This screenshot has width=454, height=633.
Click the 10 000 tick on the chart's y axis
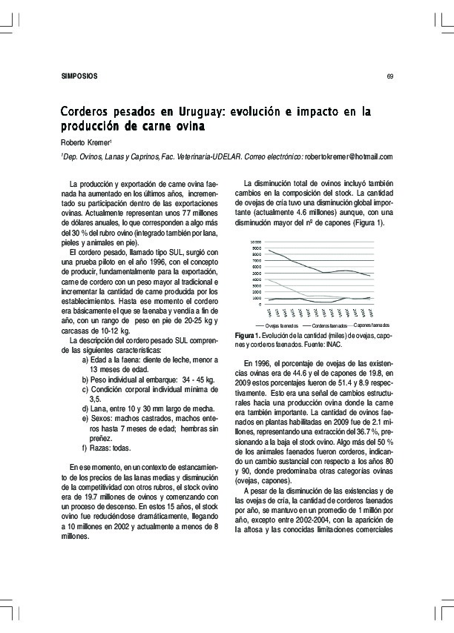(x=256, y=242)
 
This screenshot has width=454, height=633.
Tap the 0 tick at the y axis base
(x=259, y=304)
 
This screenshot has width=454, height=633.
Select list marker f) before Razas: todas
(x=85, y=448)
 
